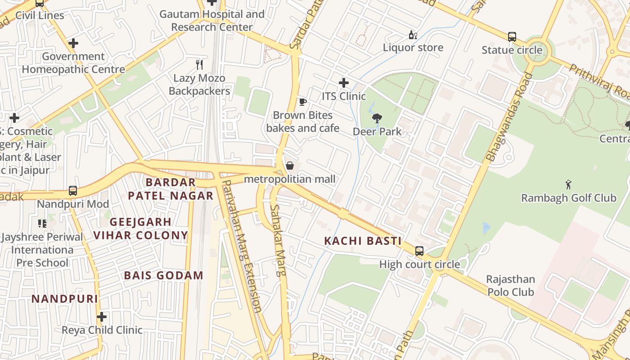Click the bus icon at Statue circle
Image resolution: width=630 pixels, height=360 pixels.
(x=512, y=36)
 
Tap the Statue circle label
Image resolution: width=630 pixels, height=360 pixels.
(x=512, y=50)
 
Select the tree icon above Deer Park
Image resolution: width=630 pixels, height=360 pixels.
(x=377, y=118)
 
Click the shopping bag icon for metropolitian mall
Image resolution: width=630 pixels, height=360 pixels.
(x=290, y=166)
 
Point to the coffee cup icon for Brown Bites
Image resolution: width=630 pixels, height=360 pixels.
(x=303, y=102)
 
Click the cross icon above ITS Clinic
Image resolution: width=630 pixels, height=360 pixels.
(x=344, y=83)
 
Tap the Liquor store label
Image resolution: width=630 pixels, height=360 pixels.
(x=413, y=48)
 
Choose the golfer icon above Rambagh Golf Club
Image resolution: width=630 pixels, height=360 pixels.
(x=568, y=184)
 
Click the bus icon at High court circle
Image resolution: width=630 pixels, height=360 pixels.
(x=419, y=251)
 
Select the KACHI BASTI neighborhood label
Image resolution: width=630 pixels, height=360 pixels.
(x=363, y=241)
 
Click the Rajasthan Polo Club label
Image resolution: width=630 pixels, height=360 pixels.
(x=510, y=286)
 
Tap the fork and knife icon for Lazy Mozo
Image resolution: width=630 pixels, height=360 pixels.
(x=199, y=64)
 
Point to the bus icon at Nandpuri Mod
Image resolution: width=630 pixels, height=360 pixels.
(x=73, y=191)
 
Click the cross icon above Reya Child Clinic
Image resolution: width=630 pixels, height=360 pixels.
(x=102, y=317)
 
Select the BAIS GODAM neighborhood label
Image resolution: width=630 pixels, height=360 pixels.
(x=164, y=275)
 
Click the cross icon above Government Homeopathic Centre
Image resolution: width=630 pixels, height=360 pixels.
(x=73, y=43)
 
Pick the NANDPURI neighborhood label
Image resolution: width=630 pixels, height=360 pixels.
(x=65, y=299)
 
